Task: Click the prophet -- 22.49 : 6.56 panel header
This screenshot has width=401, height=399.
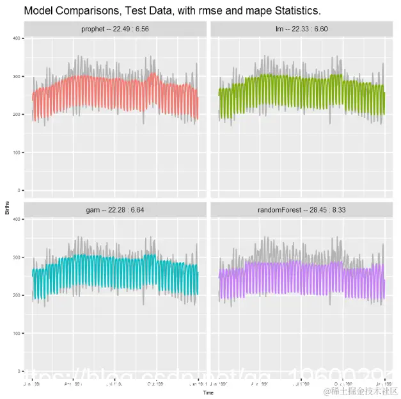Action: [115, 29]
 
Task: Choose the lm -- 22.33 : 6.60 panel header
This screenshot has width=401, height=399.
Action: [301, 29]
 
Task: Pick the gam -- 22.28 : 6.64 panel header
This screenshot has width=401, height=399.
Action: [115, 210]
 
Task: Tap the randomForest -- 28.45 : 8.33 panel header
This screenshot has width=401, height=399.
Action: [301, 210]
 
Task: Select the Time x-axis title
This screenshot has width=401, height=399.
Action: [208, 391]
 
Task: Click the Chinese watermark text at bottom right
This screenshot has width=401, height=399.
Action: [360, 390]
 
